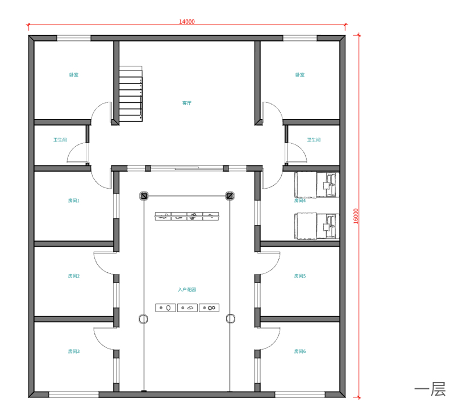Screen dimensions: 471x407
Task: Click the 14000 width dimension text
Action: point(187,22)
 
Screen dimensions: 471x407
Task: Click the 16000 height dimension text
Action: point(356,216)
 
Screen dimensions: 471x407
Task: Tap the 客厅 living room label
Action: point(186,103)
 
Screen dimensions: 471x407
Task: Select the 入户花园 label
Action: point(187,289)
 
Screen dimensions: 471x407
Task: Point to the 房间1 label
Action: point(74,201)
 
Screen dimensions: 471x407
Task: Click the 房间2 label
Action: point(74,276)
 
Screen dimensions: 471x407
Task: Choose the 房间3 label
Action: point(74,351)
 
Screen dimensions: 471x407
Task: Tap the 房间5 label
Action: point(300,276)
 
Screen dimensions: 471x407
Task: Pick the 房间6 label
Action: point(300,351)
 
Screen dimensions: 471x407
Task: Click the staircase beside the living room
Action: point(131,94)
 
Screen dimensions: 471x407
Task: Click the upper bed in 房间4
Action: point(317,185)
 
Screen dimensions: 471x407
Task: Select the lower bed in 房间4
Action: point(317,226)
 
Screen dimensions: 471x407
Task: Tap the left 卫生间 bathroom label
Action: point(60,140)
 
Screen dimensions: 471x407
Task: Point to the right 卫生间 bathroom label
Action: point(314,140)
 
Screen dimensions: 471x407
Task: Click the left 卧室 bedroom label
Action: point(74,74)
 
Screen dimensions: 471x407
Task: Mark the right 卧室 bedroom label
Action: point(300,74)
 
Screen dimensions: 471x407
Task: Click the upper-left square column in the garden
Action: point(144,196)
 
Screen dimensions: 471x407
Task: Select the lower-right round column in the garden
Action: point(231,319)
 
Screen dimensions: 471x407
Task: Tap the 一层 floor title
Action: point(430,389)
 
